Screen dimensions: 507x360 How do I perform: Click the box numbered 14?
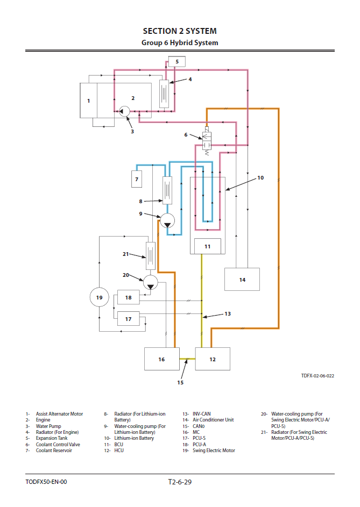[242, 280]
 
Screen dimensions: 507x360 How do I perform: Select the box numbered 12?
[212, 359]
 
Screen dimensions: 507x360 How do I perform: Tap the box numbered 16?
[161, 359]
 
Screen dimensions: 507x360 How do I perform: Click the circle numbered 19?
[99, 297]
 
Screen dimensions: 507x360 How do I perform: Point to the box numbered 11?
[207, 246]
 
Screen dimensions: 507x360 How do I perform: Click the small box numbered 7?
[137, 178]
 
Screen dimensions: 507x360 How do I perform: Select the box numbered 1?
[89, 101]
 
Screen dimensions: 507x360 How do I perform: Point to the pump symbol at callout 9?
[167, 220]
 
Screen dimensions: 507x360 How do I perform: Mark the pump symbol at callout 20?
[150, 282]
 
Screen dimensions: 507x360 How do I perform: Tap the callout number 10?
[260, 177]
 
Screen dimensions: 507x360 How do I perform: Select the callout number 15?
[180, 383]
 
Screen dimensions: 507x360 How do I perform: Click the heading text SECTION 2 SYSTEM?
[180, 31]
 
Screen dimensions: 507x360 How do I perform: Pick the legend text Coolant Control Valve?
[58, 445]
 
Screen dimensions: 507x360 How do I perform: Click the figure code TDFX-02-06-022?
[317, 376]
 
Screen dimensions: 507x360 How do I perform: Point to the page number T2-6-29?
[180, 482]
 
